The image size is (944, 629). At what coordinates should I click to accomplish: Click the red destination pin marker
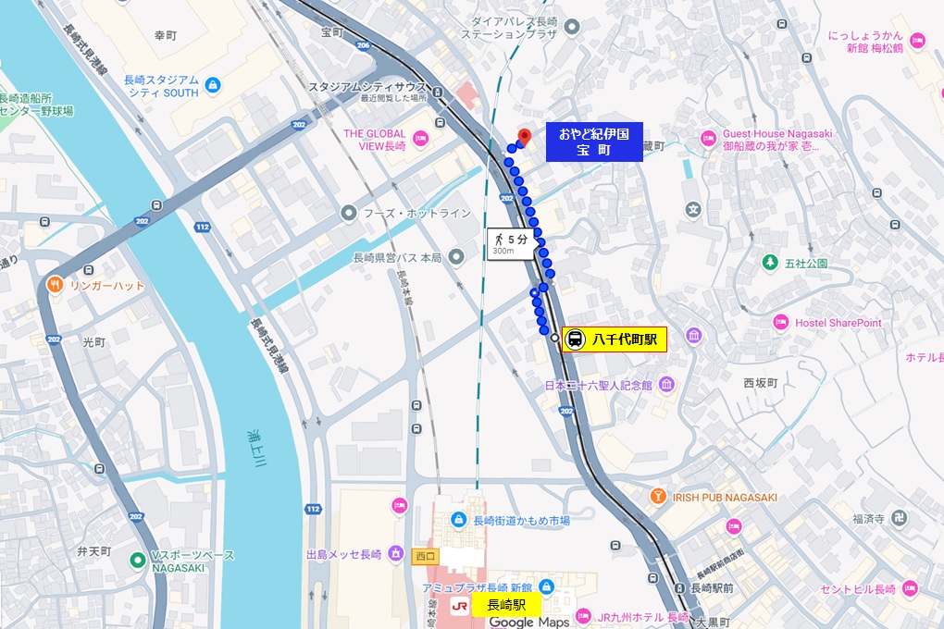524,136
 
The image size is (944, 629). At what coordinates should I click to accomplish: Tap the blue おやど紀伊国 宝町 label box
593,142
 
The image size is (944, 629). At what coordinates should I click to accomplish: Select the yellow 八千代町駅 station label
624,339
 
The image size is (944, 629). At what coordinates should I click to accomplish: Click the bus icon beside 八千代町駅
575,339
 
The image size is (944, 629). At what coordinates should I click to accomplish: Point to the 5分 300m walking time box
510,244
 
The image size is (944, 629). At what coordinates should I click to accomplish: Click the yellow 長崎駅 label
506,605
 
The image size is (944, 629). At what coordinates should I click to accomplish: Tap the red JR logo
458,606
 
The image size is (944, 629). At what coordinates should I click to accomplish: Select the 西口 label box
425,557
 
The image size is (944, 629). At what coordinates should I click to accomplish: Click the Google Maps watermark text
529,623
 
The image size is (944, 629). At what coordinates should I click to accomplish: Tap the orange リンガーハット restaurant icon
56,285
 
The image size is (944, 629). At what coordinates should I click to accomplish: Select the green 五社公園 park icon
769,264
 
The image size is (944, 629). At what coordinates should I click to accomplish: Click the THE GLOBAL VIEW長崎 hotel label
375,139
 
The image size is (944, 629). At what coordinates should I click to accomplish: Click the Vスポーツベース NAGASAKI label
193,561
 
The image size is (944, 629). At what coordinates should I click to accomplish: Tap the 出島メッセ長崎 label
343,554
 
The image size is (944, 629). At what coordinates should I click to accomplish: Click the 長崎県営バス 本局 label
398,257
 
